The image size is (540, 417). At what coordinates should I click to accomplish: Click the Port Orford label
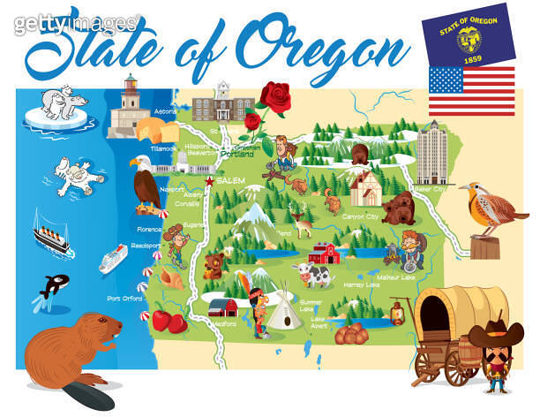tap(124, 299)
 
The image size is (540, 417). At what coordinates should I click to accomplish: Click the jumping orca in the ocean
tap(49, 288)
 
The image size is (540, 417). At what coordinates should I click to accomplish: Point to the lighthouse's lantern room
tap(131, 87)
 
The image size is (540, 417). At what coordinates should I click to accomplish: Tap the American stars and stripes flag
tap(471, 92)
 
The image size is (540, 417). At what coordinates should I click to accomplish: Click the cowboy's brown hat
tap(496, 335)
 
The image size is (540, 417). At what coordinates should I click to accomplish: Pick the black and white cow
tap(315, 275)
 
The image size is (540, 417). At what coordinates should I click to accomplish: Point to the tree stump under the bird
tap(484, 247)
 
